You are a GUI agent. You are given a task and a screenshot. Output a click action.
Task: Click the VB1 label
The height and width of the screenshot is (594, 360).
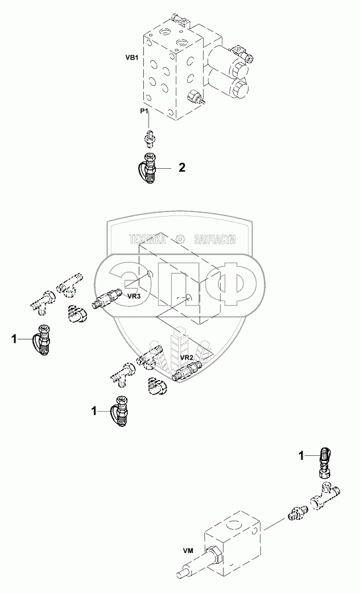[131, 57]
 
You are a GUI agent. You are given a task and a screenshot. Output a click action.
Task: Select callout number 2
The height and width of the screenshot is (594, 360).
[181, 168]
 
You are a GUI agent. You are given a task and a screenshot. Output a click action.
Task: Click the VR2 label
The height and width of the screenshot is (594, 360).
[188, 357]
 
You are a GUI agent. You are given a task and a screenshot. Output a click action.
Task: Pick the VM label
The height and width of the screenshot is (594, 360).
[187, 550]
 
